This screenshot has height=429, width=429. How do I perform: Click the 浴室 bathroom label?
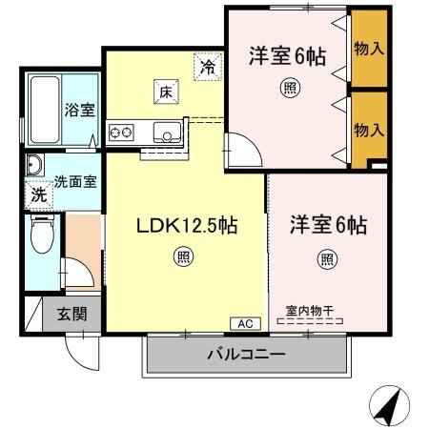(80, 110)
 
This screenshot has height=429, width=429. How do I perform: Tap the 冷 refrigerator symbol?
(207, 67)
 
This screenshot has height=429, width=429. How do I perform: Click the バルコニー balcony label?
(246, 356)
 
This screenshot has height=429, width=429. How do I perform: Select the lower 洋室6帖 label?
(329, 226)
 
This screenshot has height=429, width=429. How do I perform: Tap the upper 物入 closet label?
(369, 47)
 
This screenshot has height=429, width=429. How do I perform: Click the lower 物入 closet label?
(369, 131)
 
